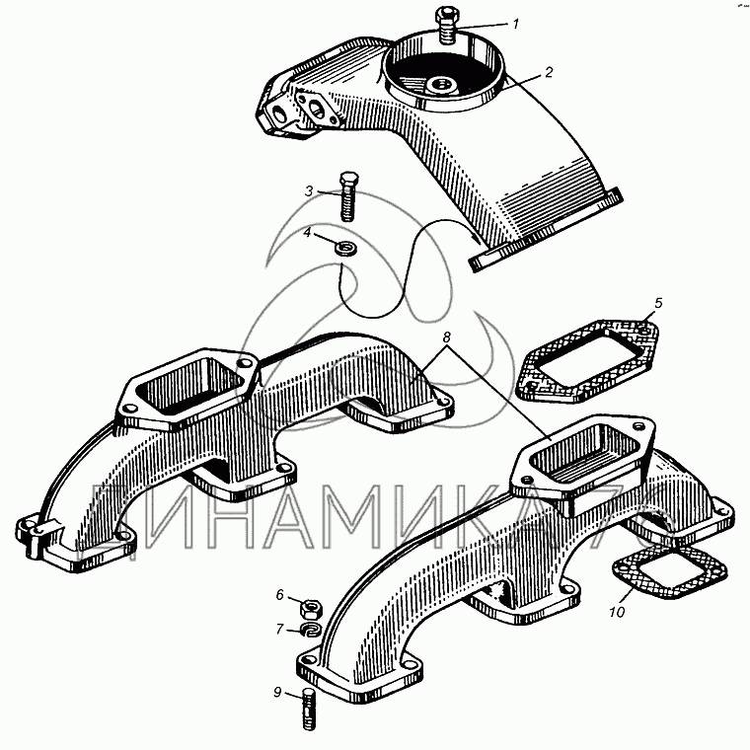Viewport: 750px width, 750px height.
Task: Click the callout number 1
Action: point(515,24)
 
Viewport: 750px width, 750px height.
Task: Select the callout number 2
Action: point(549,72)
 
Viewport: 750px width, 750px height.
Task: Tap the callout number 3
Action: point(309,191)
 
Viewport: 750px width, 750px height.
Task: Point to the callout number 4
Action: point(307,233)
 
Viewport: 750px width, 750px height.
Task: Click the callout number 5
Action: point(658,303)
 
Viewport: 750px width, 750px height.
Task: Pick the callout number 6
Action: point(280,595)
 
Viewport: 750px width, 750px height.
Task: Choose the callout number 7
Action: point(280,629)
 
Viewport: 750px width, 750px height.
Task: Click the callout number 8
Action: point(446,337)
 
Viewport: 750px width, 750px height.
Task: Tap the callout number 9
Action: point(277,692)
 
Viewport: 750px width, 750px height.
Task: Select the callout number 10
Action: point(617,612)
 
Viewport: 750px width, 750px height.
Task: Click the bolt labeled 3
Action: point(347,197)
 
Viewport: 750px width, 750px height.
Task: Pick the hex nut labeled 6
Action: point(311,609)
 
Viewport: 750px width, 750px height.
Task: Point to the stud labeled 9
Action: point(310,711)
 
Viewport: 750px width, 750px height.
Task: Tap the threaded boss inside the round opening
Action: point(441,87)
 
